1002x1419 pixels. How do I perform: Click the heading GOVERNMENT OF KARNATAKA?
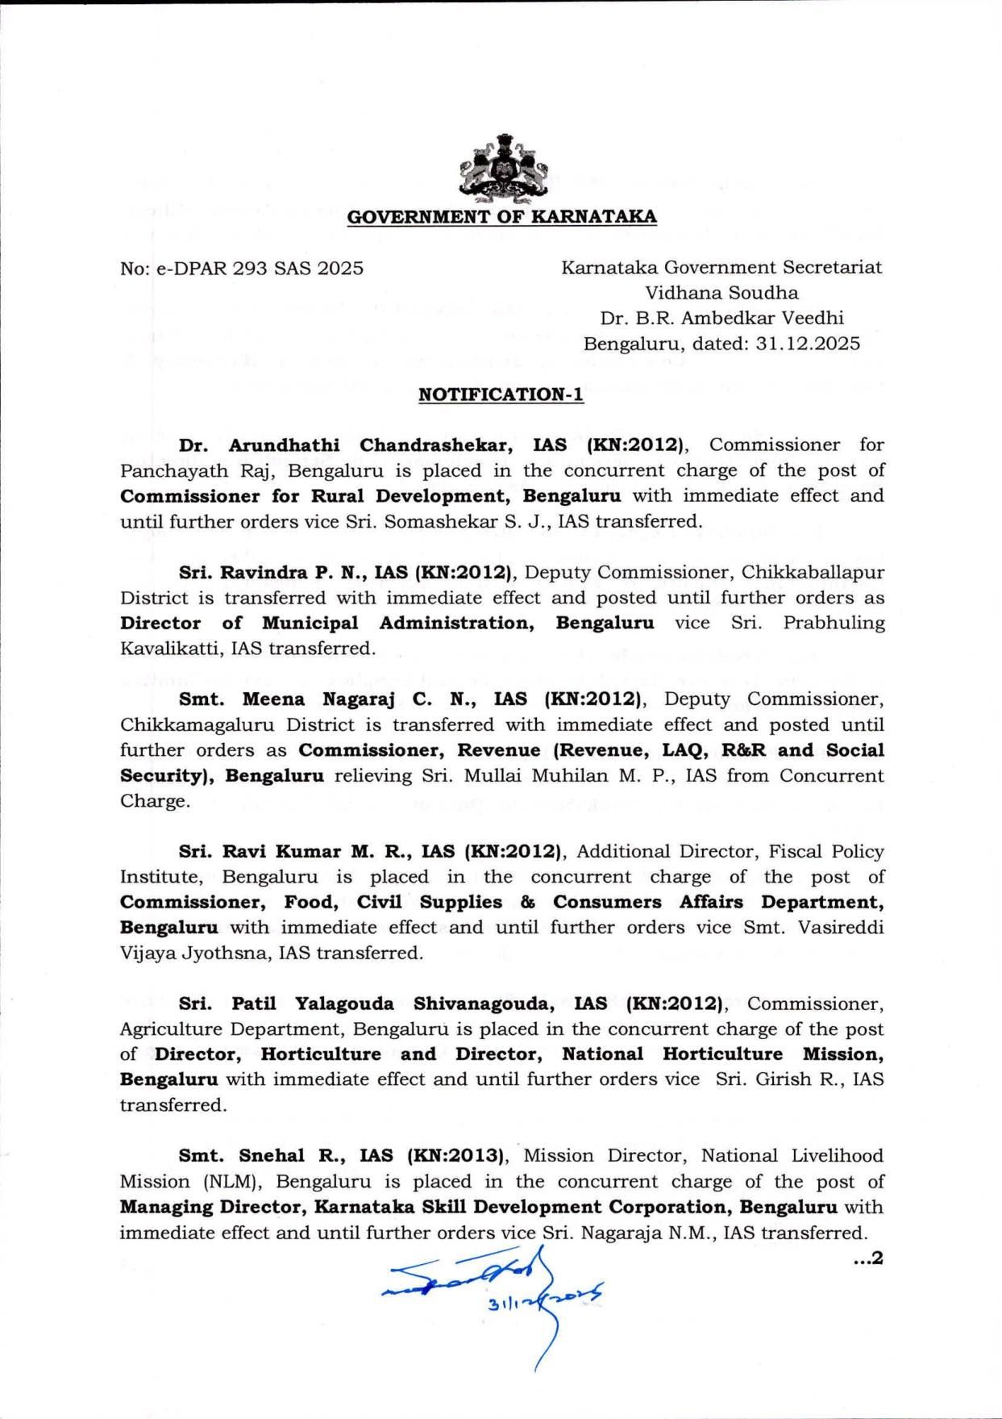pos(501,217)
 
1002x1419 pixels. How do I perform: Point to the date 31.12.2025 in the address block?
pos(808,344)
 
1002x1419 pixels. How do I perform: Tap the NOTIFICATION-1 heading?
pos(501,394)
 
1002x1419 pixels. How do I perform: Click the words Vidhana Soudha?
pos(721,293)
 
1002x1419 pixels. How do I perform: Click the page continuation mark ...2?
pos(868,1258)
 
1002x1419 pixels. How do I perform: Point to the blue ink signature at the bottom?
pos(484,1288)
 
